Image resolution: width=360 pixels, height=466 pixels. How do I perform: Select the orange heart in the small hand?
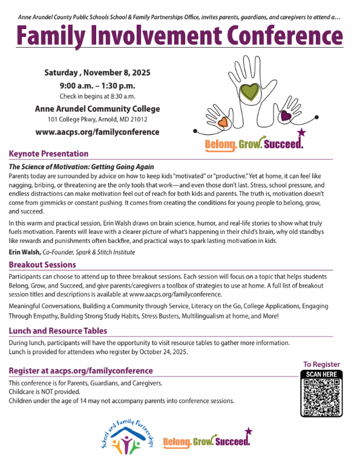tap(223, 121)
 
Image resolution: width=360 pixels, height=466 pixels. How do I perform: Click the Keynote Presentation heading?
tap(48, 154)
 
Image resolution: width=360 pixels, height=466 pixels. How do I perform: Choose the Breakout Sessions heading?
tap(42, 265)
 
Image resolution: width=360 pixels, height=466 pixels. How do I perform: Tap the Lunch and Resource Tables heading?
tap(58, 331)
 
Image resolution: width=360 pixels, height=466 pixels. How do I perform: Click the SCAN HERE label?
tap(321, 374)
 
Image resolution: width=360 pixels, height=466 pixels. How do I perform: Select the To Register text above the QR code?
tap(321, 364)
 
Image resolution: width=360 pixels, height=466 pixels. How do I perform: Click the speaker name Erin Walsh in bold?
tap(24, 252)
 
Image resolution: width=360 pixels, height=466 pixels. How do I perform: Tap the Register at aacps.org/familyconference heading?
tap(80, 371)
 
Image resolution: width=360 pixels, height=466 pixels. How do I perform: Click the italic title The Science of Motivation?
tap(81, 166)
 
